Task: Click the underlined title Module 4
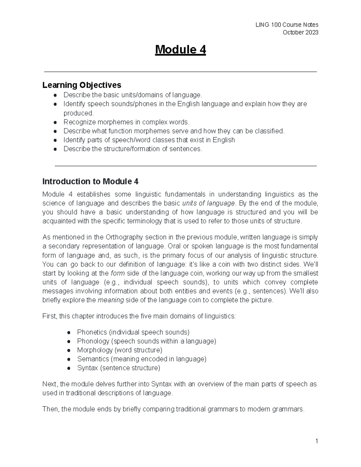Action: coord(180,50)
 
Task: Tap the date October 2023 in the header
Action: coord(300,32)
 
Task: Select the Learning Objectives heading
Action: coord(82,85)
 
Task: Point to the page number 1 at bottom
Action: coord(316,441)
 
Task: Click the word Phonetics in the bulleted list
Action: coord(92,332)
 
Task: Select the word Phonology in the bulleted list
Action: coord(93,341)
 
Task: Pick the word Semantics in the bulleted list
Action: coord(93,359)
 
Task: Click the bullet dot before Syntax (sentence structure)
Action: coord(69,368)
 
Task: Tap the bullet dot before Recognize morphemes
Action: coord(55,122)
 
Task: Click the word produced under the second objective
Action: coord(78,113)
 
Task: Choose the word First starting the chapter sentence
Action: coord(49,316)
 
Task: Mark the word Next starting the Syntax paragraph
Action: coord(50,384)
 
